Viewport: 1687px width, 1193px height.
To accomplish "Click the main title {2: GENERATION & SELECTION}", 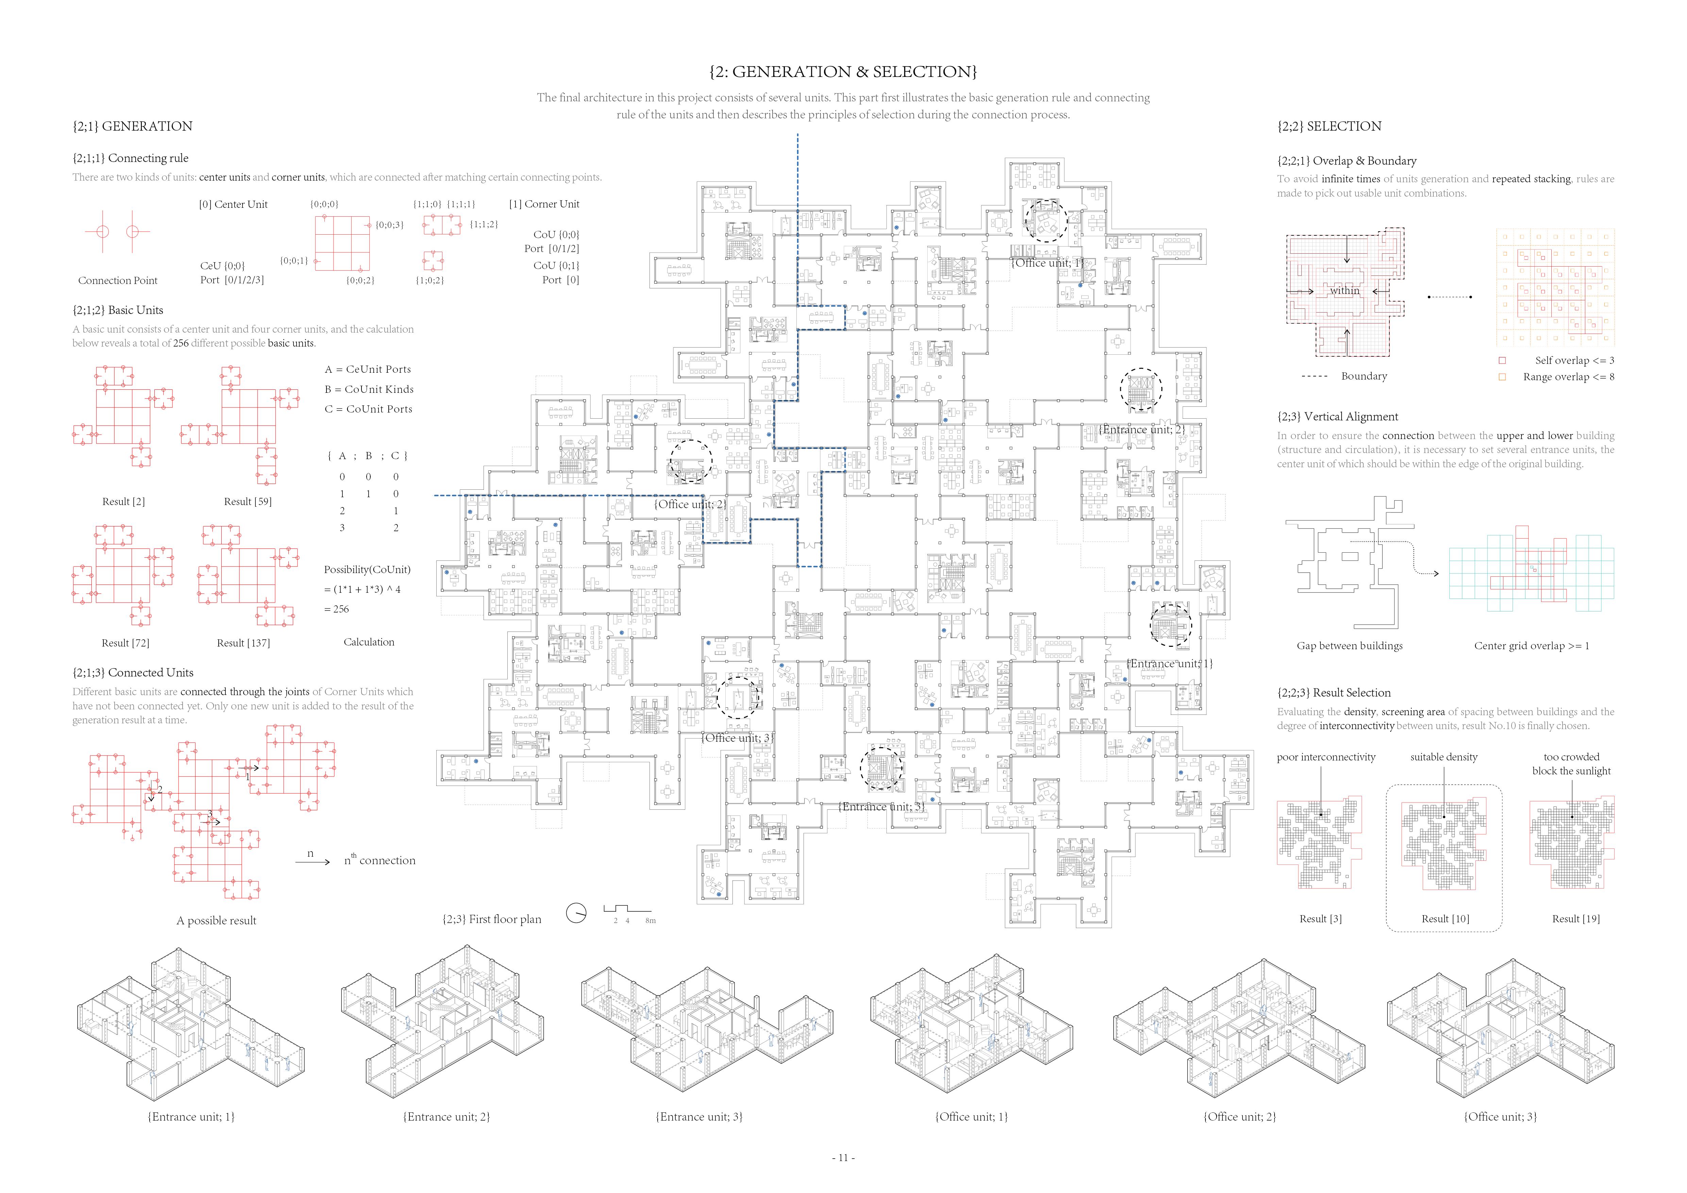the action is coord(843,72).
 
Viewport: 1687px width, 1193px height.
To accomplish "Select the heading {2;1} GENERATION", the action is coord(132,127).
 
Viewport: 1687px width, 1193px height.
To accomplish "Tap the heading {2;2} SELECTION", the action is coord(1329,127).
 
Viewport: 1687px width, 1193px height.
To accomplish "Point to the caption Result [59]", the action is coord(248,502).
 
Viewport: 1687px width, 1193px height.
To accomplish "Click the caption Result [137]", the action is coord(243,643).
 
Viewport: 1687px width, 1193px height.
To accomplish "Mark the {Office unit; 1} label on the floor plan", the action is coord(1048,263).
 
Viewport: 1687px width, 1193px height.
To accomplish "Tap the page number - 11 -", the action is coord(843,1158).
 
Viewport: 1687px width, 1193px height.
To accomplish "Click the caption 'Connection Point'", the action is coord(118,281).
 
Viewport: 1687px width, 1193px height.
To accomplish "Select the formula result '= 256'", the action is coord(337,609).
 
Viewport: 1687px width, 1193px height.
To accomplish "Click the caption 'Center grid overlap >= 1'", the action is coord(1531,646).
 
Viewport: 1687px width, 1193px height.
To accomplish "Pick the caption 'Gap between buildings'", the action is coord(1349,646).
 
